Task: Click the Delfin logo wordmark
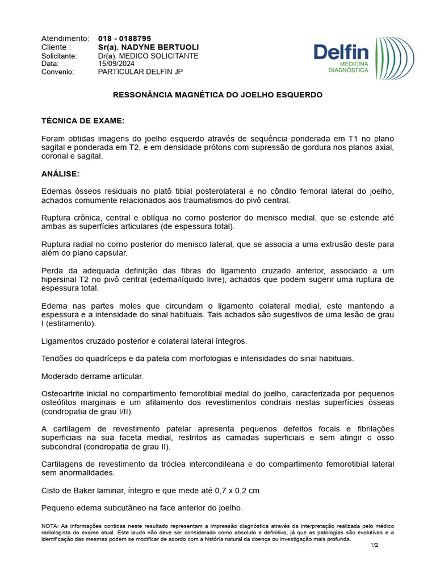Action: (x=341, y=53)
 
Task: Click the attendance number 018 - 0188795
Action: (x=124, y=39)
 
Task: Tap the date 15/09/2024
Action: (x=116, y=64)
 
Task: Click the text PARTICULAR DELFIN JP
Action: (x=140, y=72)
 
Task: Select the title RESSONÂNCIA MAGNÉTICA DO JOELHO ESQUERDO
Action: (x=217, y=95)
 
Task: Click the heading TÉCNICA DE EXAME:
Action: (x=83, y=121)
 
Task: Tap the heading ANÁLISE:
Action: (x=60, y=173)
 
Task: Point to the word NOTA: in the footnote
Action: (x=50, y=526)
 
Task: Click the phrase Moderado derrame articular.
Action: (x=93, y=376)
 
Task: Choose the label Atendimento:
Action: (x=65, y=39)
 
